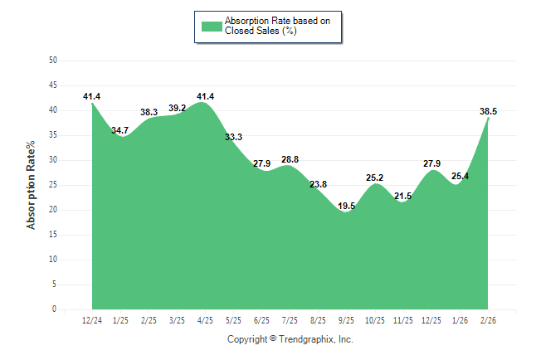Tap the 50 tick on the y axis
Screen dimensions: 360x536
[53, 61]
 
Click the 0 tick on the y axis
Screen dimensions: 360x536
[55, 309]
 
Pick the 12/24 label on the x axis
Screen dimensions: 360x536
[91, 320]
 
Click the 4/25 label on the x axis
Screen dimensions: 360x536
[205, 320]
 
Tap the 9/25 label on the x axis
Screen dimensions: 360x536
[347, 320]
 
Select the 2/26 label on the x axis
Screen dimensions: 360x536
[489, 320]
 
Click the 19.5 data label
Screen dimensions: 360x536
[347, 206]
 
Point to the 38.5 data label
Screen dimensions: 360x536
[489, 110]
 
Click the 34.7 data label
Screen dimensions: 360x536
[119, 130]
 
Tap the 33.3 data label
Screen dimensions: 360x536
[233, 137]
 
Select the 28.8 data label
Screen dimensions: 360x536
[290, 159]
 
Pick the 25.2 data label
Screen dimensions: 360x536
[375, 178]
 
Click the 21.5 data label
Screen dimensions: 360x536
[403, 196]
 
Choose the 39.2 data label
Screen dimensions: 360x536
[177, 108]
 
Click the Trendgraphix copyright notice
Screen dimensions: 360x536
[290, 339]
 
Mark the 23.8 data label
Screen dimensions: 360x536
[319, 184]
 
